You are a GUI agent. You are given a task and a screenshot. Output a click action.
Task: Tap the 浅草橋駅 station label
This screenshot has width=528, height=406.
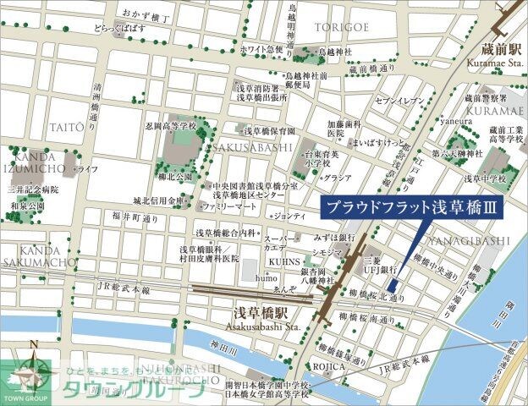coord(260,314)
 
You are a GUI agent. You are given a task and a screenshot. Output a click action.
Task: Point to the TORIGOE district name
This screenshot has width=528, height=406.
coord(343,28)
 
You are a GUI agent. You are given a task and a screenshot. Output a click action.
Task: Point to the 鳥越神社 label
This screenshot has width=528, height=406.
coord(333,51)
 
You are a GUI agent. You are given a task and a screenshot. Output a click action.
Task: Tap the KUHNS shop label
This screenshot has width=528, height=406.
coord(287,263)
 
